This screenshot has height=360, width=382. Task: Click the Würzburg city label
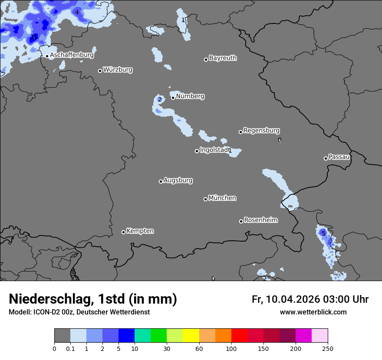118,70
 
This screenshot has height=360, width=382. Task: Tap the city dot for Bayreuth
206,59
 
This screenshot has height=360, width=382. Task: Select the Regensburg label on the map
261,131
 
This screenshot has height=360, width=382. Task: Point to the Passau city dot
326,158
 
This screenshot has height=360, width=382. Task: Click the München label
222,198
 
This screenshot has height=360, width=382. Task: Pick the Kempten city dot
123,232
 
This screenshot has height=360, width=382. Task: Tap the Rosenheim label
260,220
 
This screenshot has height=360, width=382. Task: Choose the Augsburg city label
178,180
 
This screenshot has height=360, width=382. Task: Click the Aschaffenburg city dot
47,56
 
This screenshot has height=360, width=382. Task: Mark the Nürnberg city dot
173,98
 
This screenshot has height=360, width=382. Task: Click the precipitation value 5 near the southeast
323,233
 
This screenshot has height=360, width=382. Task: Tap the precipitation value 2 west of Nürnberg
159,99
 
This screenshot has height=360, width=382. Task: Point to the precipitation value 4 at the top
77,12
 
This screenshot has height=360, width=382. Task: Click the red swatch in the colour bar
239,336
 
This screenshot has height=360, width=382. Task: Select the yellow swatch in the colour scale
191,336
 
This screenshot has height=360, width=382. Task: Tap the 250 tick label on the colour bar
327,348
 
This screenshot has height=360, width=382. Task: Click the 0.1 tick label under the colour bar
70,348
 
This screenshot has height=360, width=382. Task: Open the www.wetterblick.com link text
313,312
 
